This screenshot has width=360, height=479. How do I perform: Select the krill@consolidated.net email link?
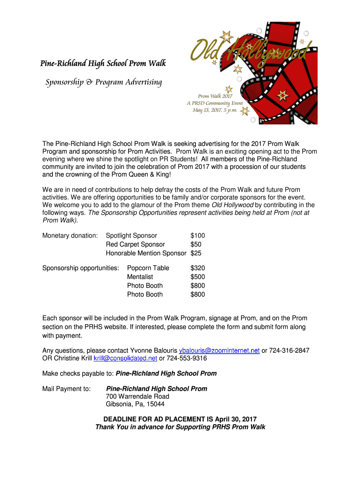coord(125,358)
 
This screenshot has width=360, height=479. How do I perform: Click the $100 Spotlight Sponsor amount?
coord(198,235)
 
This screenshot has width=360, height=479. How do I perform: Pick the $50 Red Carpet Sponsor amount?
coord(196,244)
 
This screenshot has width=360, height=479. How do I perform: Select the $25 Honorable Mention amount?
coord(196,253)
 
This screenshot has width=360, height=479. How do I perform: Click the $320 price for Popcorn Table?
coord(198,268)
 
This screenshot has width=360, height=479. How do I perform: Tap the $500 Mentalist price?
coord(198,277)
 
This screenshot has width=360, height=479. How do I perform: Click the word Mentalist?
coord(140,277)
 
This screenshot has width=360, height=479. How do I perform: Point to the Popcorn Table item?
coord(148,268)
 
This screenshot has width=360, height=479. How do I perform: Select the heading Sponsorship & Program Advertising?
coord(103,83)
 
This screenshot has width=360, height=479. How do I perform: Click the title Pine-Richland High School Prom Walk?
coord(103,63)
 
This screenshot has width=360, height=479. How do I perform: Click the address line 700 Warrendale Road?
coord(138,396)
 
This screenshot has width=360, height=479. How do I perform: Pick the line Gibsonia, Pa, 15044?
coord(135,404)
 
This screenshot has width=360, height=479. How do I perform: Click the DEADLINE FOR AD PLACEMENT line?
coord(180,419)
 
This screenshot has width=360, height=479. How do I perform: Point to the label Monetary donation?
coord(70,235)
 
